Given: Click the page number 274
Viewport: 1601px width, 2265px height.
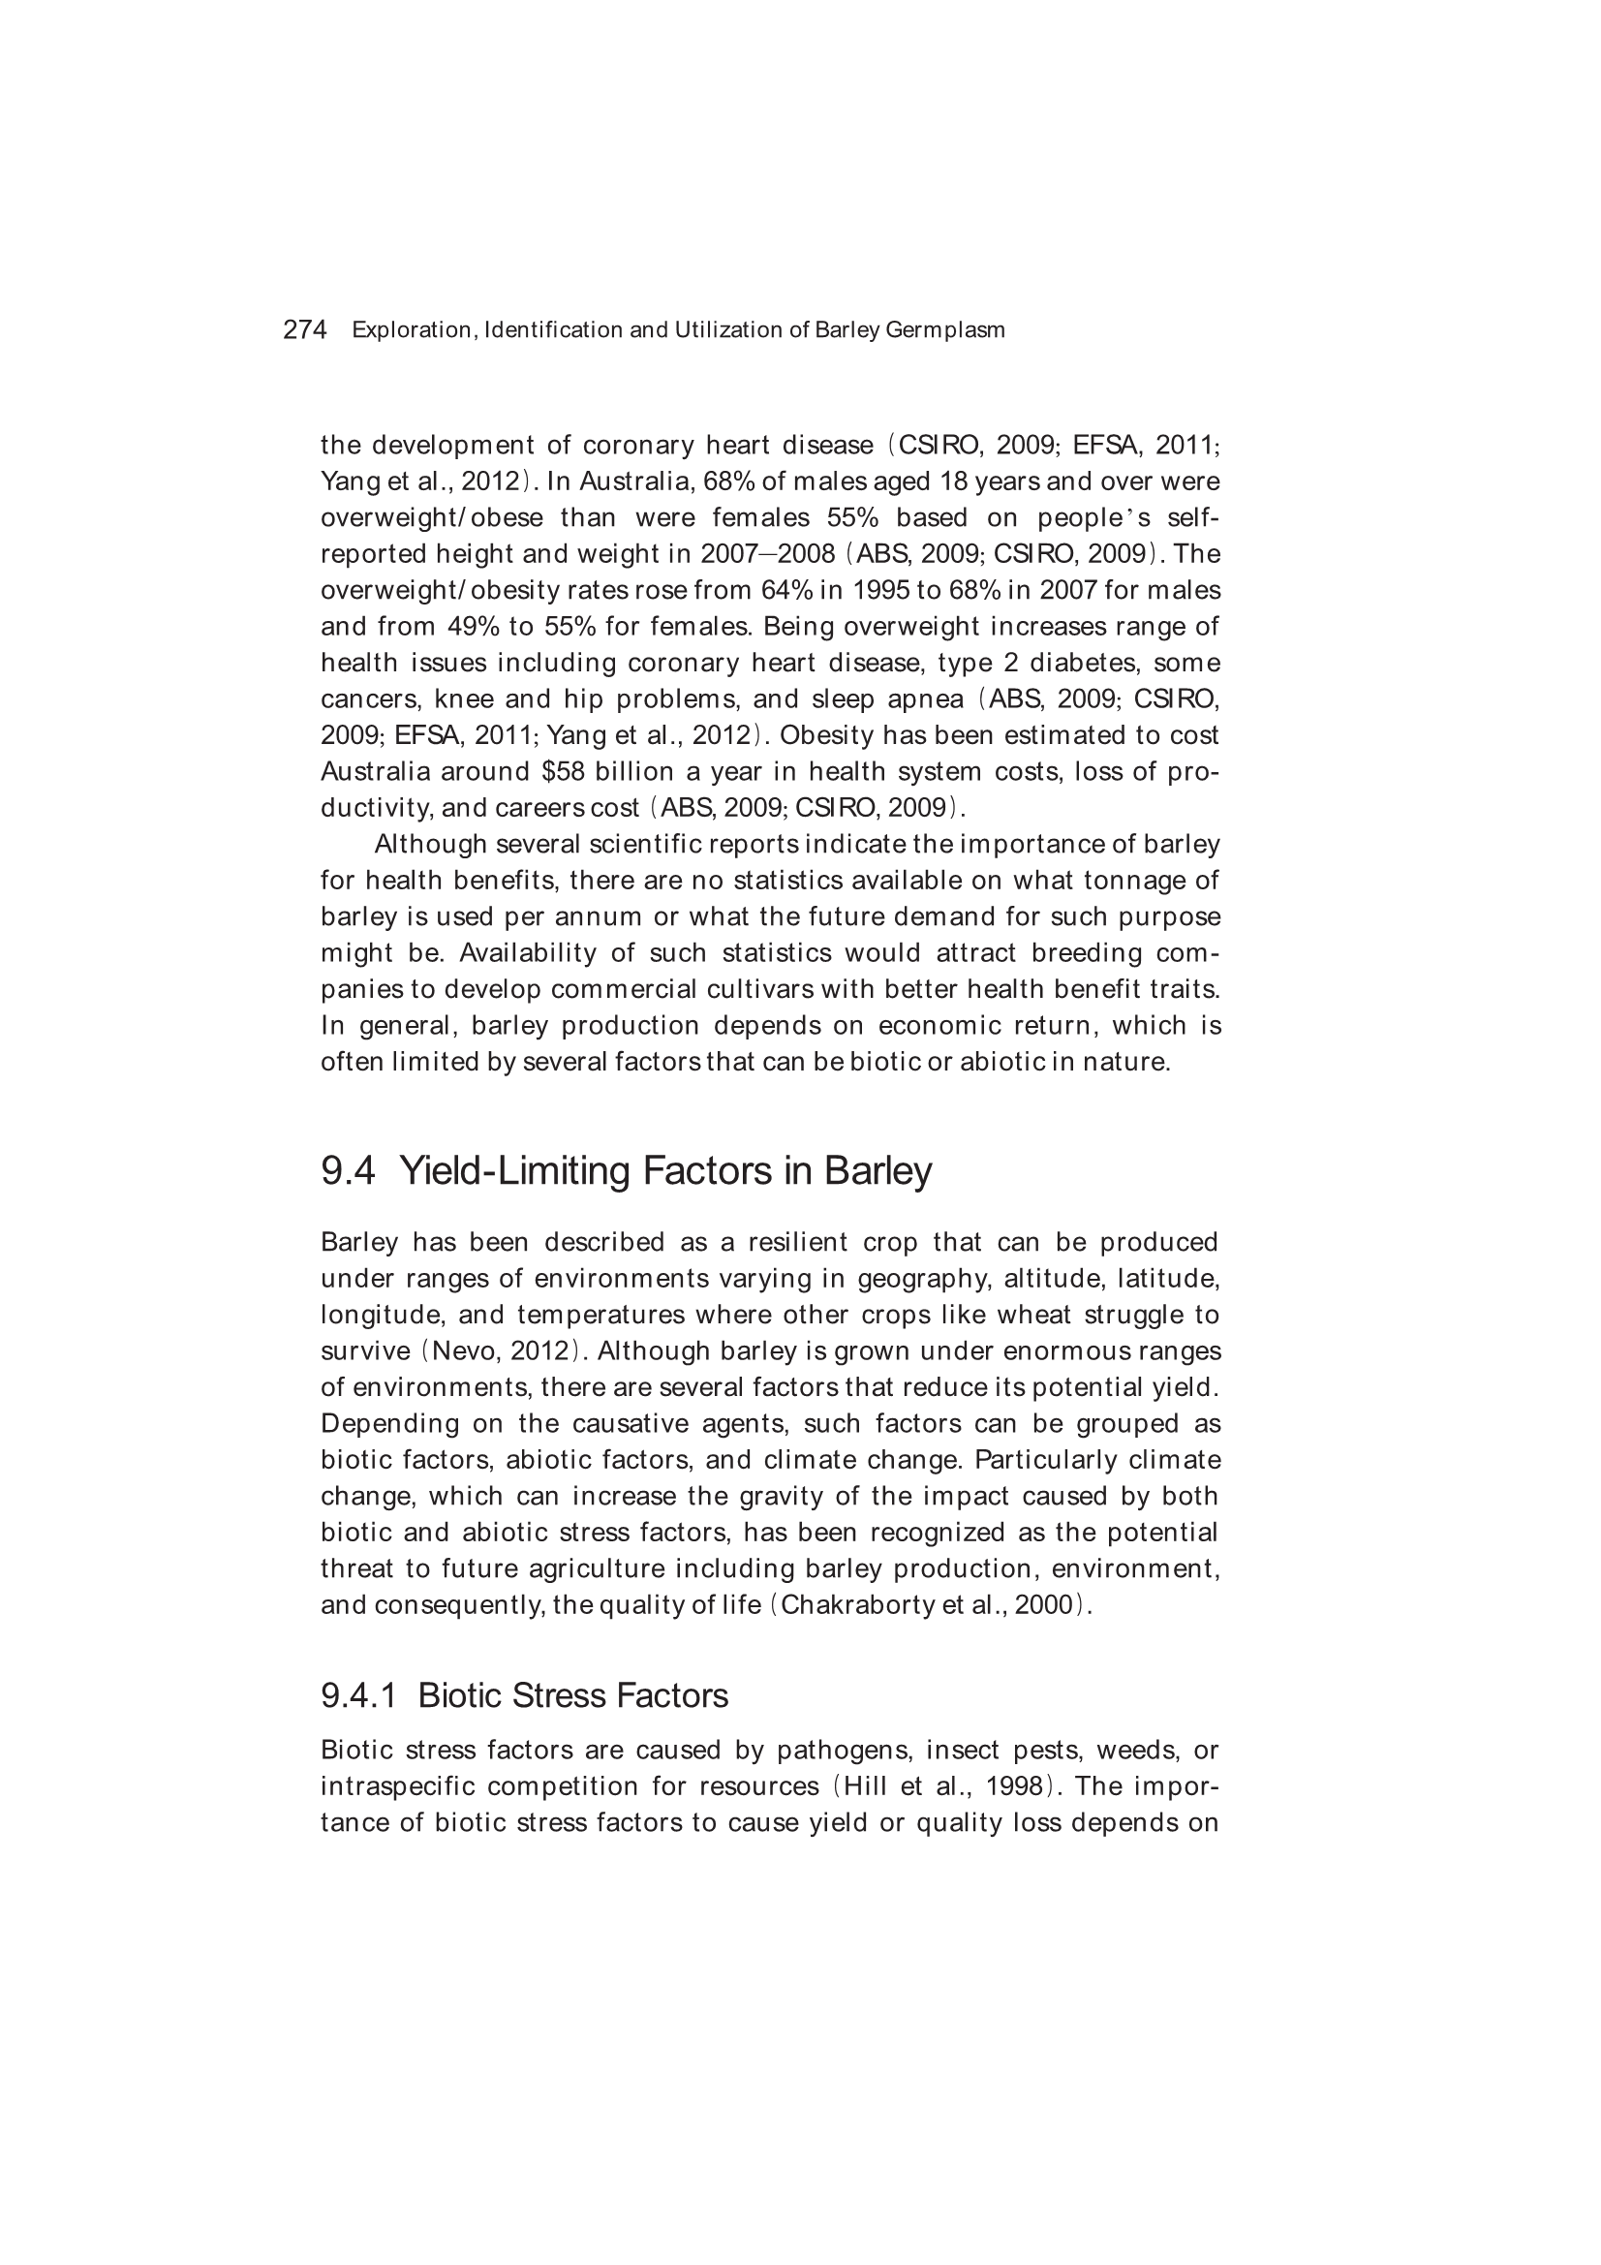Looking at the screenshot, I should pyautogui.click(x=305, y=330).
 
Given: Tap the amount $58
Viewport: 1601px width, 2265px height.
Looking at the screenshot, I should pyautogui.click(x=564, y=771).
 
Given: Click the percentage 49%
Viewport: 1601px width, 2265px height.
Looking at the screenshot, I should pyautogui.click(x=474, y=627).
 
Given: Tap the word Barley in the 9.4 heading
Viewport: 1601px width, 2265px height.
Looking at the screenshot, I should pyautogui.click(x=877, y=1171).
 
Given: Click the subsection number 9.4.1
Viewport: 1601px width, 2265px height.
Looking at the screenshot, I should pyautogui.click(x=358, y=1695).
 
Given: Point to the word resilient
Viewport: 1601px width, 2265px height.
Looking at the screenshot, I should pyautogui.click(x=798, y=1242).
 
